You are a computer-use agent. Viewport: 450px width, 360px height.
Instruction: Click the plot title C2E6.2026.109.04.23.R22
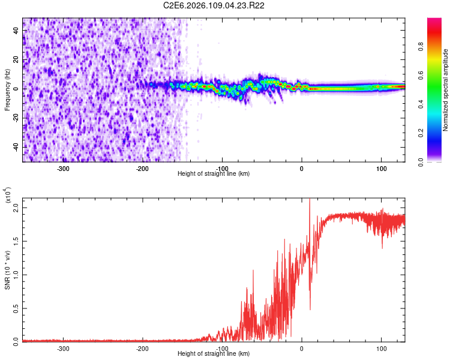[x=214, y=5]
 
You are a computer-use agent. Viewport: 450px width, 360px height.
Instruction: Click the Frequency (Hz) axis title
[x=7, y=89]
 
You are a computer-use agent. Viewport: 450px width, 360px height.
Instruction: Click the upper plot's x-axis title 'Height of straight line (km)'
[x=214, y=173]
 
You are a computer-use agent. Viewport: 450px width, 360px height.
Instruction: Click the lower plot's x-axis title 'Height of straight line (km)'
[x=214, y=353]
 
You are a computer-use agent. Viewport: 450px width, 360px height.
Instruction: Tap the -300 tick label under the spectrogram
[x=63, y=168]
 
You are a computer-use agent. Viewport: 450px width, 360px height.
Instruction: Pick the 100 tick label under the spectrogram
[x=381, y=168]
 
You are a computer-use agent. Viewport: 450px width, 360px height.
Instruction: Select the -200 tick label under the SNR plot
[x=142, y=348]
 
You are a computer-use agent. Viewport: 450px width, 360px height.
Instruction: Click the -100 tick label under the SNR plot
[x=222, y=348]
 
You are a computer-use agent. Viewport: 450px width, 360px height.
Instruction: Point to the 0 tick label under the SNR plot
[x=302, y=348]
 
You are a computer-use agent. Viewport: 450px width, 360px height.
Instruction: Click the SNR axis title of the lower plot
[x=7, y=269]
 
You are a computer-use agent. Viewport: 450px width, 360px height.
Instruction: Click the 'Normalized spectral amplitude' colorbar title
[x=445, y=89]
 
